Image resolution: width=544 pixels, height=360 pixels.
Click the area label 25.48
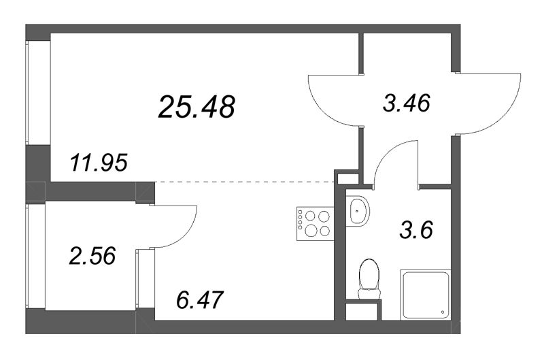coord(197,107)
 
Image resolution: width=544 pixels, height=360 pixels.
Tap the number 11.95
coord(99,163)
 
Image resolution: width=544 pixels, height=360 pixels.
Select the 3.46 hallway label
coord(407,103)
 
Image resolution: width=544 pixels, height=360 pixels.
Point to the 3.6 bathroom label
coord(416,230)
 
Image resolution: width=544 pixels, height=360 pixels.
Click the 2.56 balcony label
coord(92,256)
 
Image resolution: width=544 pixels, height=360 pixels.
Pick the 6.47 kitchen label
coord(199,300)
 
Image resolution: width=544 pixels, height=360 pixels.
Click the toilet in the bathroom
coord(369,279)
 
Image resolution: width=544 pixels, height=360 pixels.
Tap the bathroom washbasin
coord(358,211)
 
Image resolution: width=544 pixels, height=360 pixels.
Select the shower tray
coord(426,295)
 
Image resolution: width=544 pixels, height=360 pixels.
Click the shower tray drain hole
coord(443,312)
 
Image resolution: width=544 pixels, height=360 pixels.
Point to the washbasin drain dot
coord(357,211)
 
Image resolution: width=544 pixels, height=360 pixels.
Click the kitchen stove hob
coord(315,223)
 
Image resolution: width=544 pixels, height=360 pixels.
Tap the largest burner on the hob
coord(311,230)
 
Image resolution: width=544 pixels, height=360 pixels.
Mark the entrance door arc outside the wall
coord(503,114)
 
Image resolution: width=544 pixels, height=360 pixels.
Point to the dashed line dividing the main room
coord(245,182)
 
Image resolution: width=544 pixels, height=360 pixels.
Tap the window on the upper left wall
coord(39,93)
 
